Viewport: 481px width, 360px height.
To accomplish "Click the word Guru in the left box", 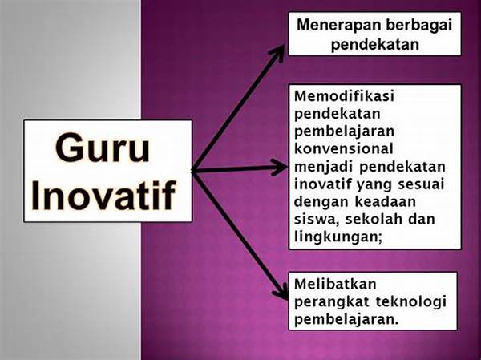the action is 103,148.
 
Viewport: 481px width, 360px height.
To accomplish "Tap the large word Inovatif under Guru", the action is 103,195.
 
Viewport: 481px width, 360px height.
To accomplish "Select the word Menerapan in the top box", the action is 338,25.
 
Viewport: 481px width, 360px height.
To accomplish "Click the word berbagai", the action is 419,26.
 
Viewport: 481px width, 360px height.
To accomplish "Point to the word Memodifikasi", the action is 344,96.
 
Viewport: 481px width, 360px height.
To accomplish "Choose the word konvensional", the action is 344,149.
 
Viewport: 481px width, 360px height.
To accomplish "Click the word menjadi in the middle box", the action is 324,168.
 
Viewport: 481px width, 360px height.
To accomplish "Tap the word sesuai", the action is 421,184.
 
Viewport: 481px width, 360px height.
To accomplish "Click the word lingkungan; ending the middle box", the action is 338,237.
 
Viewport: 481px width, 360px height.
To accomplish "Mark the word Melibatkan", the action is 335,284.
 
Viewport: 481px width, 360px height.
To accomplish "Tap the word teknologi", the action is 410,302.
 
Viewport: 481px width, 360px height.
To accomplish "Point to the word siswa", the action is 317,220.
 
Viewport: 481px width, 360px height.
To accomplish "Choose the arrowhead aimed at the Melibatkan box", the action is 281,292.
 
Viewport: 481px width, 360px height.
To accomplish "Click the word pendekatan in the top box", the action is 375,45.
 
